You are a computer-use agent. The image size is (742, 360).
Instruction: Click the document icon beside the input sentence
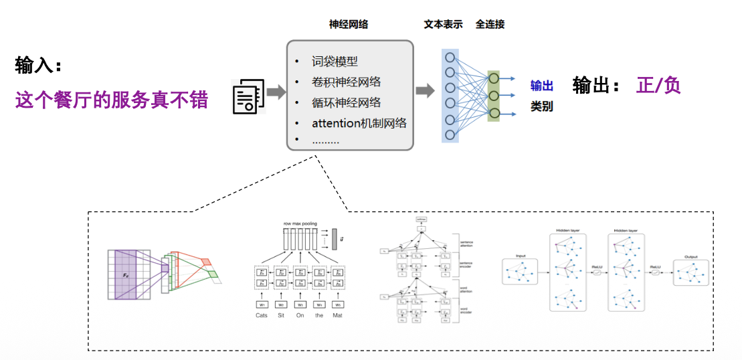click(x=246, y=96)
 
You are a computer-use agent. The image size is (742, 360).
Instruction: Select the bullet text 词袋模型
click(x=335, y=62)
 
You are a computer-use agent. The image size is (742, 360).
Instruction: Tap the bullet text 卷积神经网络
click(x=346, y=82)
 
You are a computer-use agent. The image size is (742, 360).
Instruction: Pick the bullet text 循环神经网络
click(x=346, y=102)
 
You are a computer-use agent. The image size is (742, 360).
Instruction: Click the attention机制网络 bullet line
click(x=359, y=123)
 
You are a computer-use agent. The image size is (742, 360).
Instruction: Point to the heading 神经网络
click(x=348, y=25)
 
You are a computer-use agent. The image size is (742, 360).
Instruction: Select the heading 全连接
click(x=490, y=25)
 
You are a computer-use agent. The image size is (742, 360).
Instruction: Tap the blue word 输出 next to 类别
click(x=541, y=86)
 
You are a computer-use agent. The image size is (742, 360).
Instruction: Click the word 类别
click(x=541, y=106)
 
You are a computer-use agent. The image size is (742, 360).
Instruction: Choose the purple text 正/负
click(x=658, y=86)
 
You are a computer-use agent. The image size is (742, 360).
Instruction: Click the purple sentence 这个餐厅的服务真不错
click(x=112, y=100)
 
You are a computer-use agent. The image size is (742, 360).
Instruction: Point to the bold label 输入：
click(x=39, y=66)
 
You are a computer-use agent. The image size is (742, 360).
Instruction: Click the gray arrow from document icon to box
click(x=276, y=92)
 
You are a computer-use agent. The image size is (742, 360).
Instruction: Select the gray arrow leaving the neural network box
click(x=425, y=91)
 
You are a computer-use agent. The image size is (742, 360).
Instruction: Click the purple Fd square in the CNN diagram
click(x=125, y=274)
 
